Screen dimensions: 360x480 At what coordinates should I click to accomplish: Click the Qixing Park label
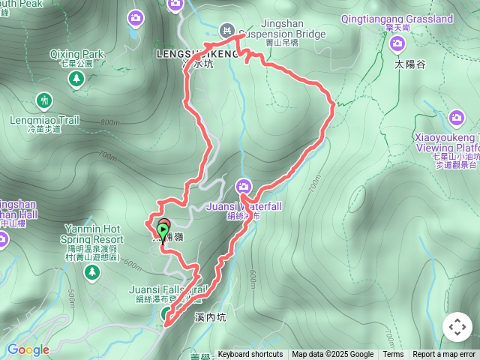[76, 55]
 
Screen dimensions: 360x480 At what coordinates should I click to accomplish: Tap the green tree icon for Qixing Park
[76, 78]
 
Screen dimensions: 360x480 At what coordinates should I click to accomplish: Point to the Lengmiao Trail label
[44, 119]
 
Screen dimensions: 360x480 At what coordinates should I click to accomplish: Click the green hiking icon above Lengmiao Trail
[44, 100]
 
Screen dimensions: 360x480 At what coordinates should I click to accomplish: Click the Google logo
[28, 349]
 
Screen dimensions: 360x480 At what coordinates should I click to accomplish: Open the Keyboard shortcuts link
[250, 355]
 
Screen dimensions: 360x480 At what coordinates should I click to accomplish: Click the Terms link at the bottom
[393, 355]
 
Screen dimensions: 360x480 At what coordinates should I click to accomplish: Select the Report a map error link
[444, 355]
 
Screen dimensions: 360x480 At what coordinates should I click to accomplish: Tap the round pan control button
[457, 327]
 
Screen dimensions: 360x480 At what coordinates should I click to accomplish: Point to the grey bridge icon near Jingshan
[226, 30]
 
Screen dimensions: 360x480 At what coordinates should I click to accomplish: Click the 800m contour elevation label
[109, 123]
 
